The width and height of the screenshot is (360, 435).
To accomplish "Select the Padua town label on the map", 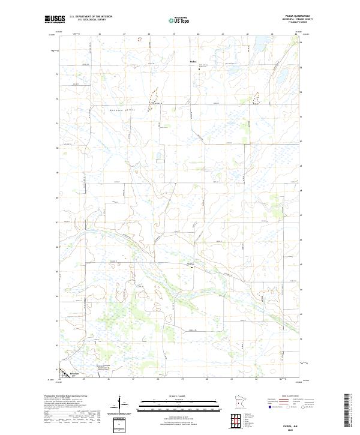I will click(x=193, y=61).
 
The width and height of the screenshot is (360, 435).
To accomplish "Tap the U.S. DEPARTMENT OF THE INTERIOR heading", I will click(x=91, y=17).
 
